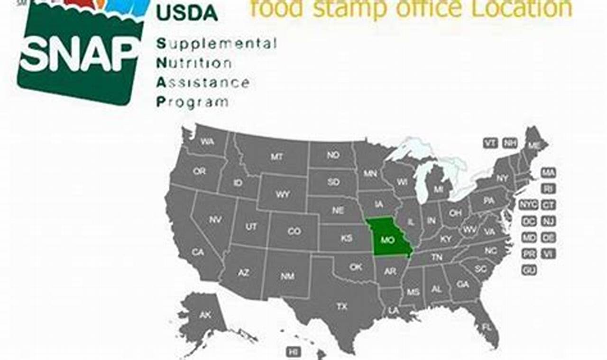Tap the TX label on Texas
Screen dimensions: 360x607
(x=342, y=306)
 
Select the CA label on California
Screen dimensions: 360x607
(x=198, y=252)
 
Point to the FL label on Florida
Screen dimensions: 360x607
(x=487, y=327)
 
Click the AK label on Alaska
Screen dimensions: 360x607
(x=205, y=315)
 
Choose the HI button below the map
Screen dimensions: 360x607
(x=294, y=351)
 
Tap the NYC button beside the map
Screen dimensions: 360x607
(x=528, y=205)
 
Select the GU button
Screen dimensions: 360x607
(x=529, y=270)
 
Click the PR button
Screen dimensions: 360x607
(x=529, y=254)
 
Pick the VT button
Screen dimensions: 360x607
(x=490, y=143)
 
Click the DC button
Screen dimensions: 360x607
(x=529, y=221)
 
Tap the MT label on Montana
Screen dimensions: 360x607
(x=277, y=157)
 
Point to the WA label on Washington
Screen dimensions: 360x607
(x=207, y=141)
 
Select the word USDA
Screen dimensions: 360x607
(x=186, y=13)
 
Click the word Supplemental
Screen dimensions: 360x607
(x=216, y=44)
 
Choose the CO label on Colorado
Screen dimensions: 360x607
(x=294, y=231)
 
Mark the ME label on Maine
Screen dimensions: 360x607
(x=534, y=146)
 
